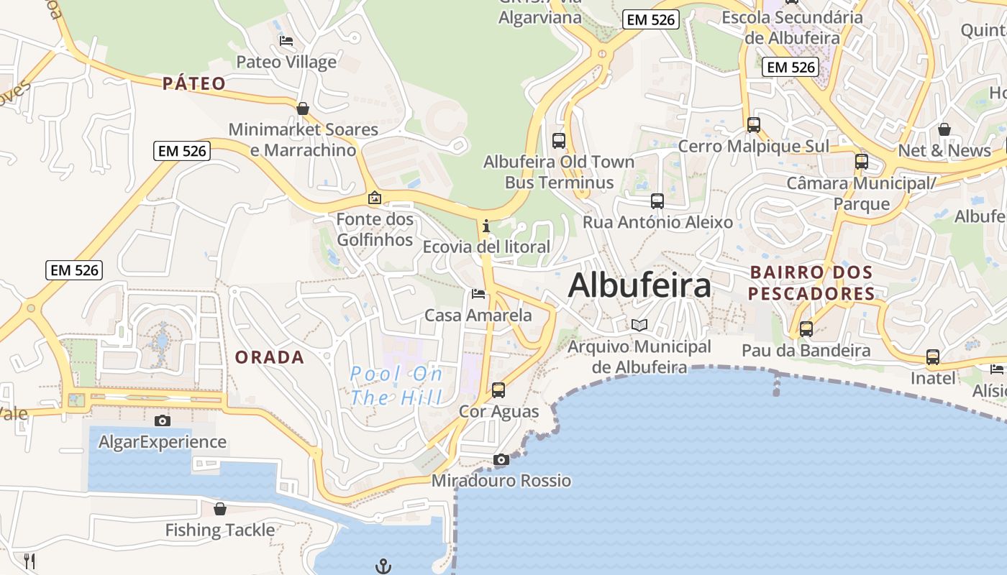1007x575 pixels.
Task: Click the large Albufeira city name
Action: point(639,285)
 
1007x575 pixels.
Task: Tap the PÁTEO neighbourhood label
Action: point(194,83)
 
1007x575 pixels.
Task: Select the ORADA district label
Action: point(270,357)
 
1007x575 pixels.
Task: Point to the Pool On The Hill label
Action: point(396,385)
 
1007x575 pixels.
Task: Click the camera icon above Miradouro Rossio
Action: point(501,459)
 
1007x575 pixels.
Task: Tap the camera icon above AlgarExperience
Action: point(163,420)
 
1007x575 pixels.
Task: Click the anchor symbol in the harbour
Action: point(383,566)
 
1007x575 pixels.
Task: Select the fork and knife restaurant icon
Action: point(29,561)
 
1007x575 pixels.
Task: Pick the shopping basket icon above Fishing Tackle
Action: point(220,509)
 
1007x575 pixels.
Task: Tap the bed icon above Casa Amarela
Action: point(478,294)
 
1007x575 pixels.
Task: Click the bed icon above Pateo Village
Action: point(286,41)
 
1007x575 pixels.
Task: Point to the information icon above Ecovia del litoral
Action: point(486,226)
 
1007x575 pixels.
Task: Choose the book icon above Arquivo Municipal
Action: point(639,325)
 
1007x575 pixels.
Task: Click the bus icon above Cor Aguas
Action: point(498,390)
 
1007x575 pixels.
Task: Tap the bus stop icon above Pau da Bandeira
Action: point(806,329)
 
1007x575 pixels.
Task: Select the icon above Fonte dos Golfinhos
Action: point(375,198)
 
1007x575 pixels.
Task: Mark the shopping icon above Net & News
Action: point(944,129)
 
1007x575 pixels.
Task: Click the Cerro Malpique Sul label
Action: point(753,147)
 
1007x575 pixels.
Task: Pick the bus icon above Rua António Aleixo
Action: point(657,201)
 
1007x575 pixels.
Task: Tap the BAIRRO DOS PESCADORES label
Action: point(811,283)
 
